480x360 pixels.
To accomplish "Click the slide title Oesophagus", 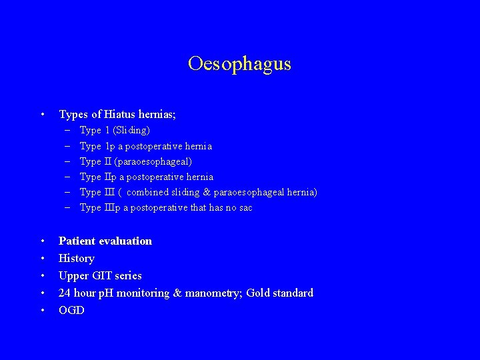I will (239, 63).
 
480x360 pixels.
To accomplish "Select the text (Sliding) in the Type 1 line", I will (131, 130).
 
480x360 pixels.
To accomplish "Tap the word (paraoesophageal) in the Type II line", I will (153, 161).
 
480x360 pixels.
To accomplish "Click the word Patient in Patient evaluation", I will (77, 241).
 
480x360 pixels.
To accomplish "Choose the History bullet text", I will (77, 258).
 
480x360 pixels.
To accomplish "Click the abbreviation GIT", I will (101, 275).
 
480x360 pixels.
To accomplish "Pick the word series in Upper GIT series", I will (128, 275).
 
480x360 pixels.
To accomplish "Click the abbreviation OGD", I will (71, 310).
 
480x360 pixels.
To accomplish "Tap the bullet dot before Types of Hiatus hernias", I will (43, 115).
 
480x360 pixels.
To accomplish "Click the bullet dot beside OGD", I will (43, 310).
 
